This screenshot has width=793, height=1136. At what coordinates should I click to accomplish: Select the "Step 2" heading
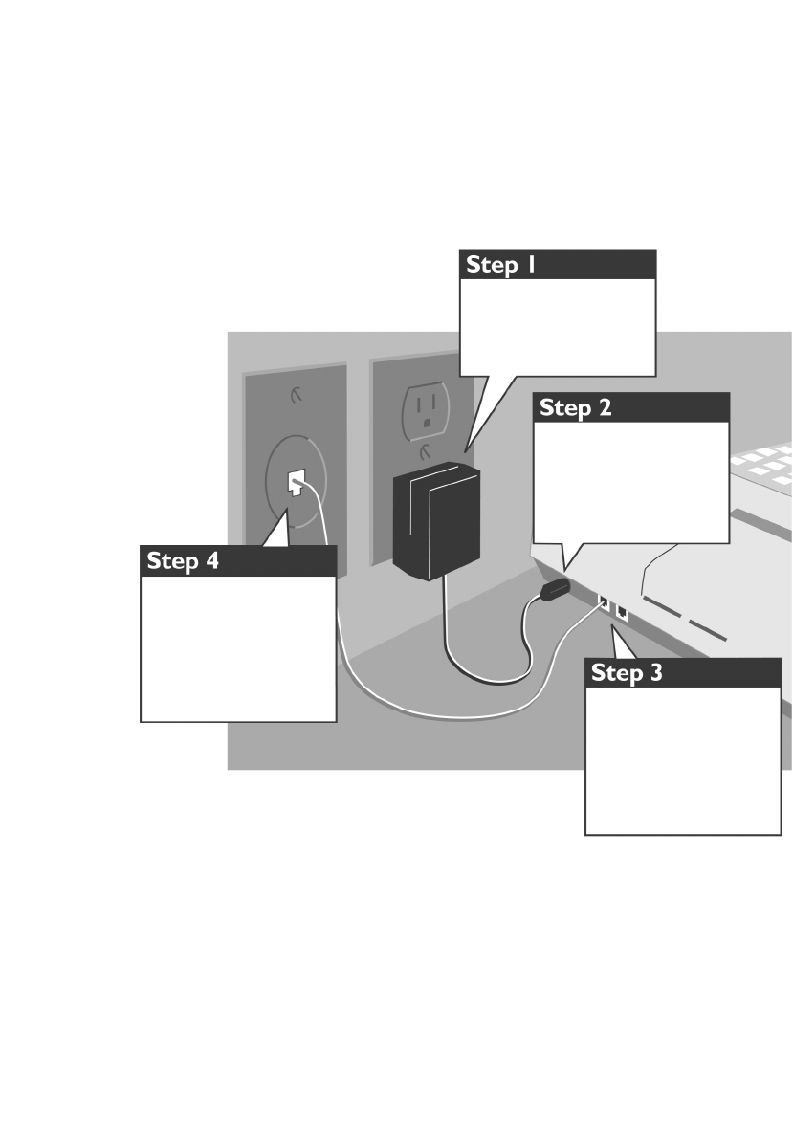pyautogui.click(x=575, y=408)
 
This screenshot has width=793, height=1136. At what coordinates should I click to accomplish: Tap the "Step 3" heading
pyautogui.click(x=627, y=673)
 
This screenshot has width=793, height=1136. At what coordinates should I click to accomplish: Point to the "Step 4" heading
pyautogui.click(x=183, y=561)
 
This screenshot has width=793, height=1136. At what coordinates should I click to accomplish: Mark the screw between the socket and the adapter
pyautogui.click(x=423, y=446)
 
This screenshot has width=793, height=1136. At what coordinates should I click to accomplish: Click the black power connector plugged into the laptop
pyautogui.click(x=554, y=590)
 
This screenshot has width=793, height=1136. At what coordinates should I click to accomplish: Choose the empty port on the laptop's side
pyautogui.click(x=622, y=613)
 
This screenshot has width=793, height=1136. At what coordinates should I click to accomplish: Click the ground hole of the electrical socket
pyautogui.click(x=425, y=418)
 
